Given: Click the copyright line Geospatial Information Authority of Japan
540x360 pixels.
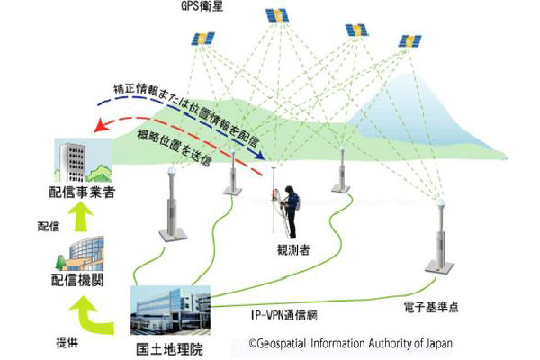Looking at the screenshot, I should point(351,343).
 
